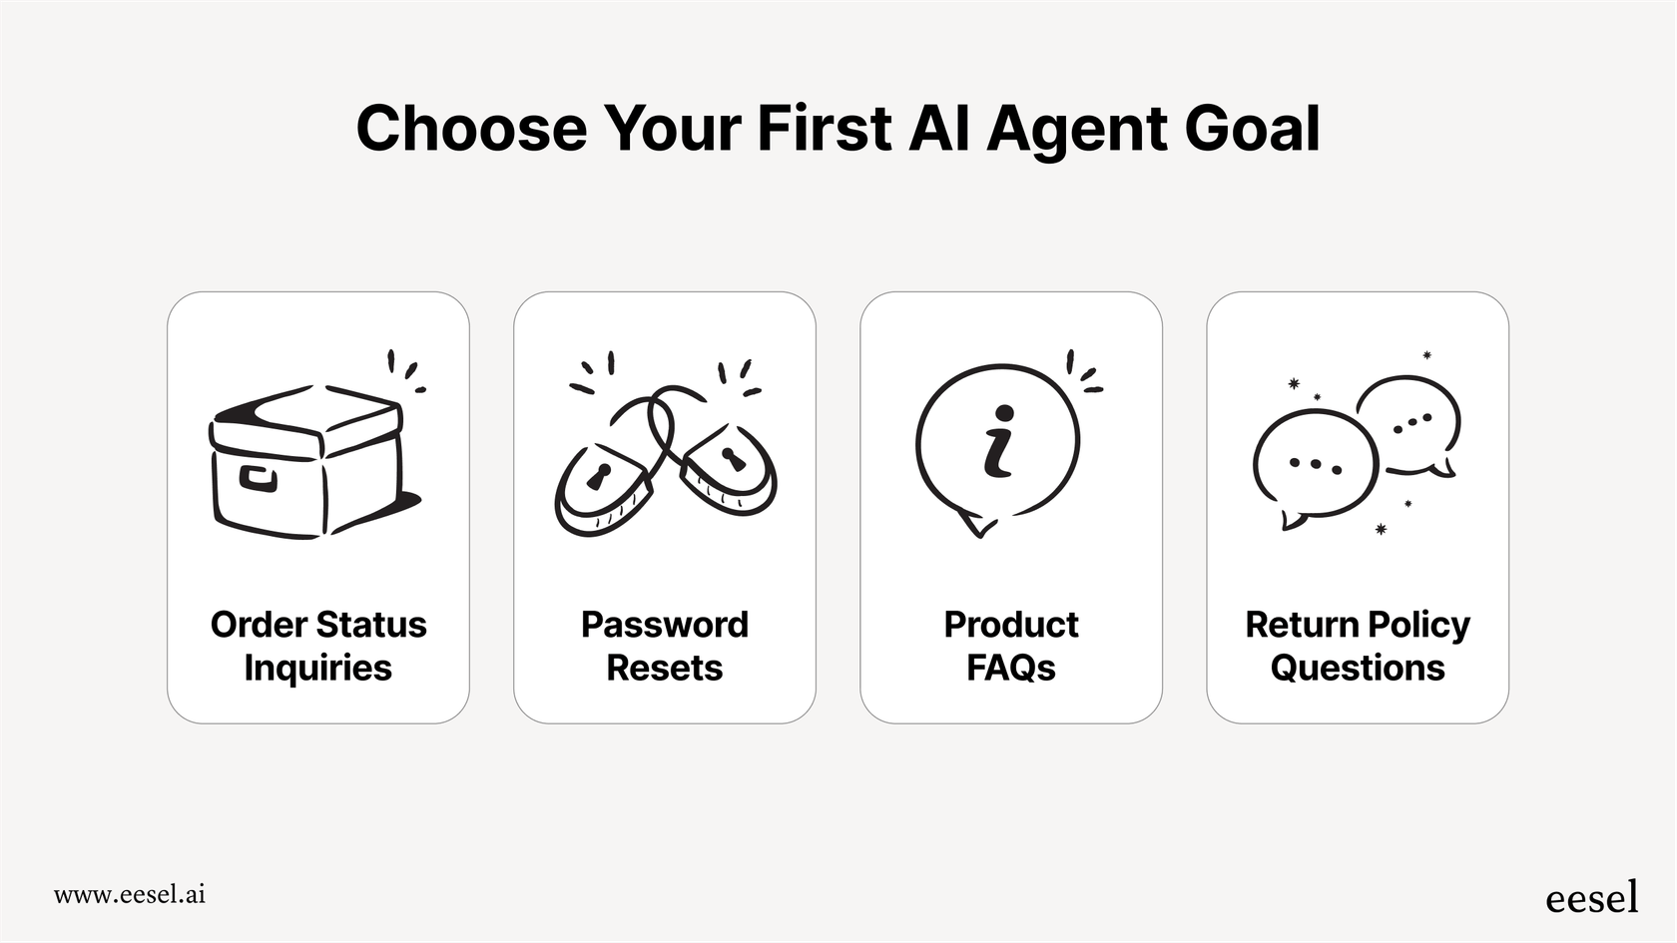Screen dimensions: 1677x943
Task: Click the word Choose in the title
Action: [471, 128]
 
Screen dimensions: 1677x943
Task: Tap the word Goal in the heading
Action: [1253, 128]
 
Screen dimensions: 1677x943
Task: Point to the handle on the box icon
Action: [258, 479]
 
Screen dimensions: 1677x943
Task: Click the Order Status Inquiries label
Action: [318, 646]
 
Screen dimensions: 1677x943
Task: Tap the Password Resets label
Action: [665, 646]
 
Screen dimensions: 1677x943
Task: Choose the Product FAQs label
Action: [1011, 646]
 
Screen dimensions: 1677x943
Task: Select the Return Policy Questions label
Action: [1358, 646]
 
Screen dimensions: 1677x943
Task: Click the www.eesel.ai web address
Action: [130, 895]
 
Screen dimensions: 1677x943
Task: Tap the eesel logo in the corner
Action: [1592, 896]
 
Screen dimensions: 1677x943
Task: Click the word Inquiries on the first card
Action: [318, 668]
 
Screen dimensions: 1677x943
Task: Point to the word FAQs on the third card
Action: [1011, 668]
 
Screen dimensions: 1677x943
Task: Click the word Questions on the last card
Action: [1358, 668]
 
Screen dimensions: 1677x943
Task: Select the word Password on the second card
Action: [665, 625]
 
